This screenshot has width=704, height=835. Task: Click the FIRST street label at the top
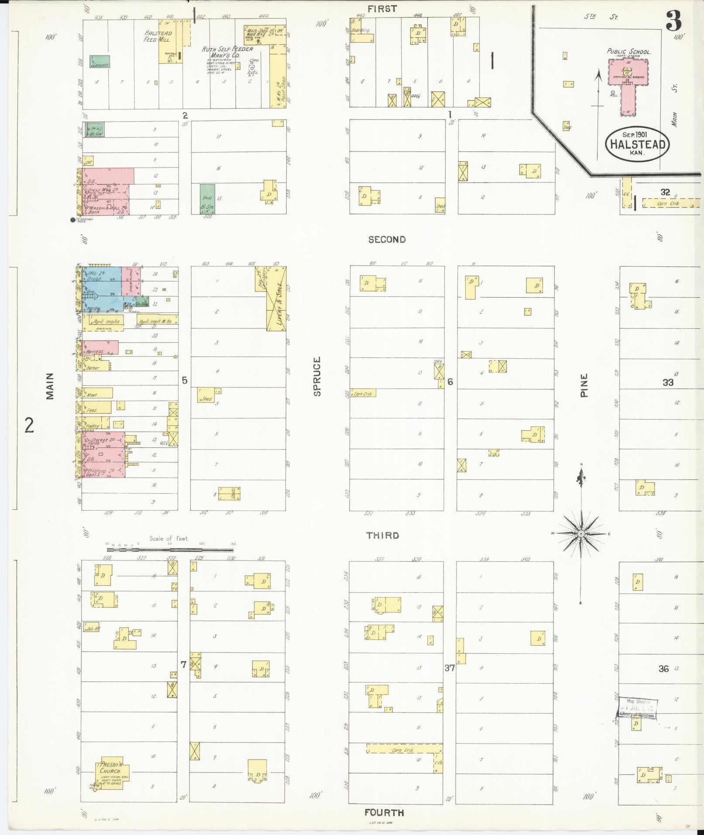[382, 8]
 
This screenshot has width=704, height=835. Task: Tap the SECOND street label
[387, 239]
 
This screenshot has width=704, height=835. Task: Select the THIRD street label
[382, 535]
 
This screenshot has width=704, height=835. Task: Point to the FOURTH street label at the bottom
[384, 812]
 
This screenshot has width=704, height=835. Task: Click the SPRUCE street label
[317, 376]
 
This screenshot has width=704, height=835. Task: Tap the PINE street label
[584, 385]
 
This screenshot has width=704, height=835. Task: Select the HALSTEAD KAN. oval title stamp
[637, 144]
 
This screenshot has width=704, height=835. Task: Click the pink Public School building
[628, 83]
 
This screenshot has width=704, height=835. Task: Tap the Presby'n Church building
[110, 773]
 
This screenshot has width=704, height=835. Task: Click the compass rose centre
[581, 534]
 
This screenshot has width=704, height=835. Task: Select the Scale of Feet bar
[170, 548]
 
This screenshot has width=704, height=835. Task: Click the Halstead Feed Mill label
[158, 36]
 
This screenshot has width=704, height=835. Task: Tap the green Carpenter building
[100, 62]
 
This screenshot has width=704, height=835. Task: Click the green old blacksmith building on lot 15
[207, 199]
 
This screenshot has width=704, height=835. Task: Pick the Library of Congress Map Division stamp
[638, 708]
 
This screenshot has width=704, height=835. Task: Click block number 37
[450, 667]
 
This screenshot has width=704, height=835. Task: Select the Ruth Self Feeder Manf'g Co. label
[227, 52]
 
